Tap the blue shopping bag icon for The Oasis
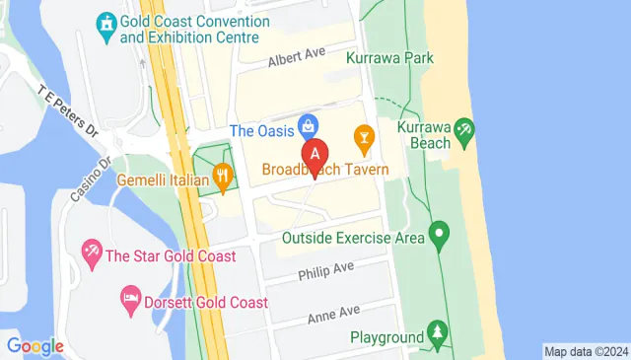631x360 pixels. click(x=309, y=126)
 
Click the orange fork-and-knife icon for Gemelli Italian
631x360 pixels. click(x=224, y=180)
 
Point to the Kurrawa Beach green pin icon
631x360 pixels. click(x=464, y=130)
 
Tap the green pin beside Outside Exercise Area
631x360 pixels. click(x=440, y=236)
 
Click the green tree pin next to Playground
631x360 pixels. click(x=437, y=336)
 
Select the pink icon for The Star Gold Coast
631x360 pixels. click(x=92, y=255)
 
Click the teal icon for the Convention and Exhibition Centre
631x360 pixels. click(x=105, y=22)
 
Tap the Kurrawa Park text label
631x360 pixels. click(x=390, y=58)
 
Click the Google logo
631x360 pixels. click(x=35, y=346)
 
